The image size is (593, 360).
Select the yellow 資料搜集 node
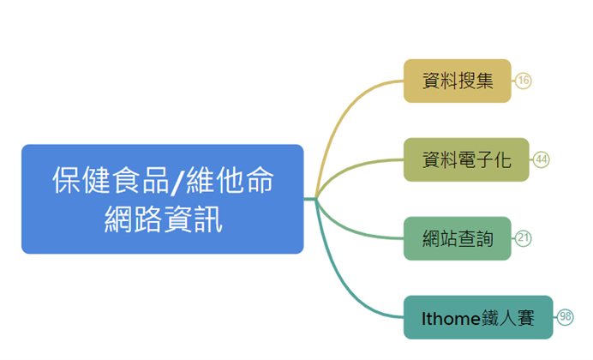point(457,81)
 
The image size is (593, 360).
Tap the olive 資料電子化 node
point(466,159)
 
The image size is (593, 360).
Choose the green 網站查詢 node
point(457,238)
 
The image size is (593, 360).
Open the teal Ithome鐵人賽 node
point(477,317)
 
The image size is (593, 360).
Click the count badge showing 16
point(524,81)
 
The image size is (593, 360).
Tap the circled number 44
point(542,159)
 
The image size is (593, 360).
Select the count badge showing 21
point(524,238)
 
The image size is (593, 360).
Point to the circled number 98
point(566,317)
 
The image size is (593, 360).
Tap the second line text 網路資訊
point(162,220)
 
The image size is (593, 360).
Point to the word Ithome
point(450,318)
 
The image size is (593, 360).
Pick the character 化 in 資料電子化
point(502,159)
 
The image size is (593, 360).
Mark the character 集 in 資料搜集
point(484,81)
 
